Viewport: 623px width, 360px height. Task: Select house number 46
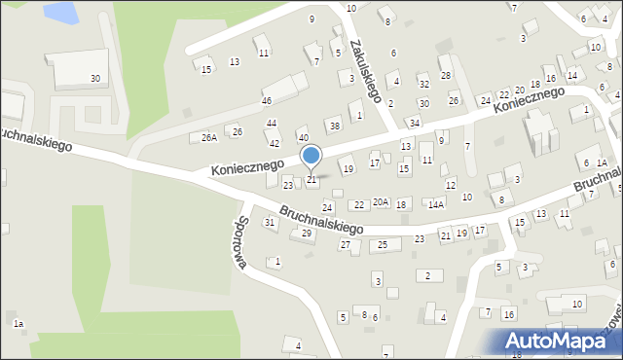click(266, 101)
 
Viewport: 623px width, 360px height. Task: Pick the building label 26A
click(208, 138)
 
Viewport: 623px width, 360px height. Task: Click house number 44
click(272, 123)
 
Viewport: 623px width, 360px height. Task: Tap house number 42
click(275, 144)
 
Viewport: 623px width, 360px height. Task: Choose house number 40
click(303, 137)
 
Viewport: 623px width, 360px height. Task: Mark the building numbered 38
click(335, 126)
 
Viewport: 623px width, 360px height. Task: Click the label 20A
click(381, 202)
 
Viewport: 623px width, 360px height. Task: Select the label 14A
click(436, 204)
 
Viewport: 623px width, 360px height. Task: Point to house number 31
click(270, 223)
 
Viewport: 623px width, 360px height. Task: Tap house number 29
click(307, 234)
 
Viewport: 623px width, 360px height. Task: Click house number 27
click(345, 244)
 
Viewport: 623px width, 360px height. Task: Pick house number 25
click(383, 244)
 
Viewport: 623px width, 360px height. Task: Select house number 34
click(414, 123)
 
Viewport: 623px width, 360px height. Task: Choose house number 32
click(423, 85)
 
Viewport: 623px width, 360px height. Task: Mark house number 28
click(445, 75)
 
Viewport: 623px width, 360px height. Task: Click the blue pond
click(58, 13)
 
